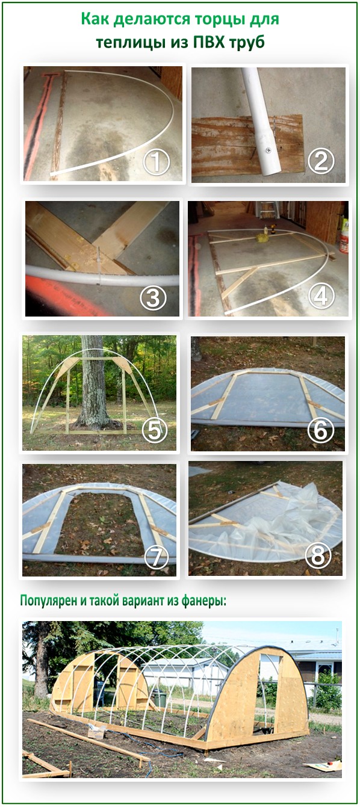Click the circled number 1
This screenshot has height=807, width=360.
[157, 162]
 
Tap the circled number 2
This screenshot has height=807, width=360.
[321, 161]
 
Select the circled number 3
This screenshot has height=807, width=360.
[153, 298]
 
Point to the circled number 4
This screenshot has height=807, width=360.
[321, 297]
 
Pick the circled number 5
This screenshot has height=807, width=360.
[154, 430]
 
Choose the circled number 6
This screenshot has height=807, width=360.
[321, 430]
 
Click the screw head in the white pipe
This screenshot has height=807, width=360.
[268, 149]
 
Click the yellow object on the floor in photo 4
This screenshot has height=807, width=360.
[261, 237]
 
